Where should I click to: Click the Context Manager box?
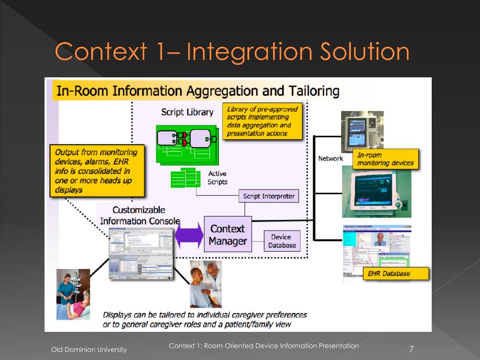pos(228,234)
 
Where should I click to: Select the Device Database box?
pos(282,241)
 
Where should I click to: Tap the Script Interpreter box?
pos(269,196)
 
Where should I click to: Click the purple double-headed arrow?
pos(189,235)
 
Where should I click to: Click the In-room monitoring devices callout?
pos(386,159)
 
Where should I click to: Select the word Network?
pos(330,158)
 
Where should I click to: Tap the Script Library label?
pos(187,112)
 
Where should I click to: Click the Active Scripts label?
pos(217,178)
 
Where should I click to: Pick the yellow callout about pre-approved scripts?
pos(262,121)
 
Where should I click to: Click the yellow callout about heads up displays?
pos(97,171)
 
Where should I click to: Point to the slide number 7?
pos(411,349)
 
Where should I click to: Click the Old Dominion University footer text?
pos(89,350)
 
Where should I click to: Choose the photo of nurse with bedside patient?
pos(73,294)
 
